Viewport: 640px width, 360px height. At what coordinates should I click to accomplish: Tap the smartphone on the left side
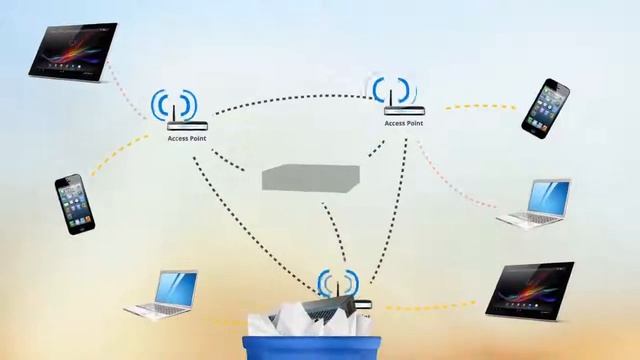point(75,204)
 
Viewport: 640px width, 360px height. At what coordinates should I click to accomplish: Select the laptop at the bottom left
point(162,294)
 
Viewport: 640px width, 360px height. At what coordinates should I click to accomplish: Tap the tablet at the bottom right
point(530,290)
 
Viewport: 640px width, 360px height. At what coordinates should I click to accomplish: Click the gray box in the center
point(310,178)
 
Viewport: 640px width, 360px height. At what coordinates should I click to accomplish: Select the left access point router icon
point(187,125)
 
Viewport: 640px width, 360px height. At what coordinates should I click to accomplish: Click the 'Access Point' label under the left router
point(187,138)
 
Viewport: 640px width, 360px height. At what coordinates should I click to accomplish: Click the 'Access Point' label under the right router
point(403,123)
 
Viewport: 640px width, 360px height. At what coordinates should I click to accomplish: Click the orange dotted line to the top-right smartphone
point(480,106)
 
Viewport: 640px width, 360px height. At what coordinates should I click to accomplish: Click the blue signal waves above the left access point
point(175,103)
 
